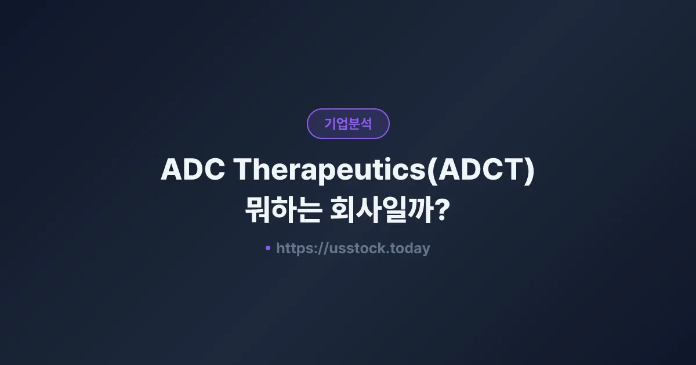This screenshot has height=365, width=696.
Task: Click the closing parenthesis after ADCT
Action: point(528,170)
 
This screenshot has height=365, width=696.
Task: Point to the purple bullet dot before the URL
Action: point(267,248)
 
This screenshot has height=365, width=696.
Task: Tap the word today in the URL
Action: point(411,249)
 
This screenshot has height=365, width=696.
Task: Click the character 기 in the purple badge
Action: point(330,124)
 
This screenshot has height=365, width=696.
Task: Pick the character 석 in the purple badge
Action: point(366,124)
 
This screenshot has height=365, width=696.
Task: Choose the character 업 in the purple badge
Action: point(342,124)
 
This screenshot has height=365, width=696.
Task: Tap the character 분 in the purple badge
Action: point(354,124)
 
